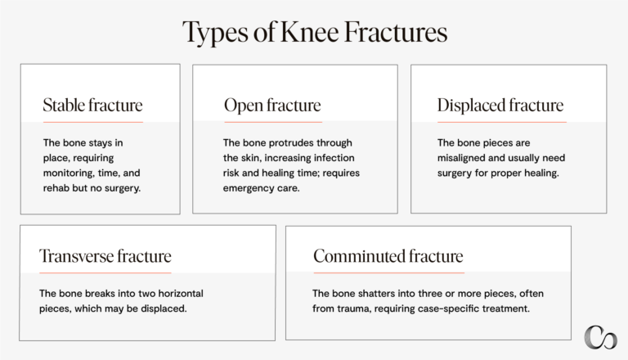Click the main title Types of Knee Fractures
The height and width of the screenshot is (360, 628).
pyautogui.click(x=314, y=33)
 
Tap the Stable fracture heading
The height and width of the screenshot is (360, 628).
pyautogui.click(x=92, y=106)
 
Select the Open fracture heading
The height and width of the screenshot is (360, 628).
pyautogui.click(x=272, y=106)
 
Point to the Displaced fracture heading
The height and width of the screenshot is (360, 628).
pyautogui.click(x=500, y=106)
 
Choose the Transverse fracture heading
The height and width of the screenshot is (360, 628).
pyautogui.click(x=105, y=257)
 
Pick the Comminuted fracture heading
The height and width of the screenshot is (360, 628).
pyautogui.click(x=388, y=257)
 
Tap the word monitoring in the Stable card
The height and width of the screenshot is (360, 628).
pyautogui.click(x=74, y=173)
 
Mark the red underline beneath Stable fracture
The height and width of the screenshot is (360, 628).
pyautogui.click(x=92, y=122)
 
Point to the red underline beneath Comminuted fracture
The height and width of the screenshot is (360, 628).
pyautogui.click(x=388, y=272)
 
